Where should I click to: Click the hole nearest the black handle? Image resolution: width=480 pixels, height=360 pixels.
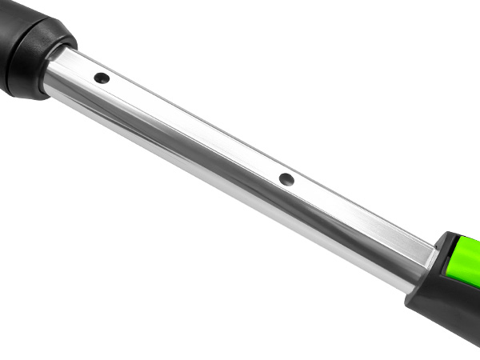pyautogui.click(x=102, y=78)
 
